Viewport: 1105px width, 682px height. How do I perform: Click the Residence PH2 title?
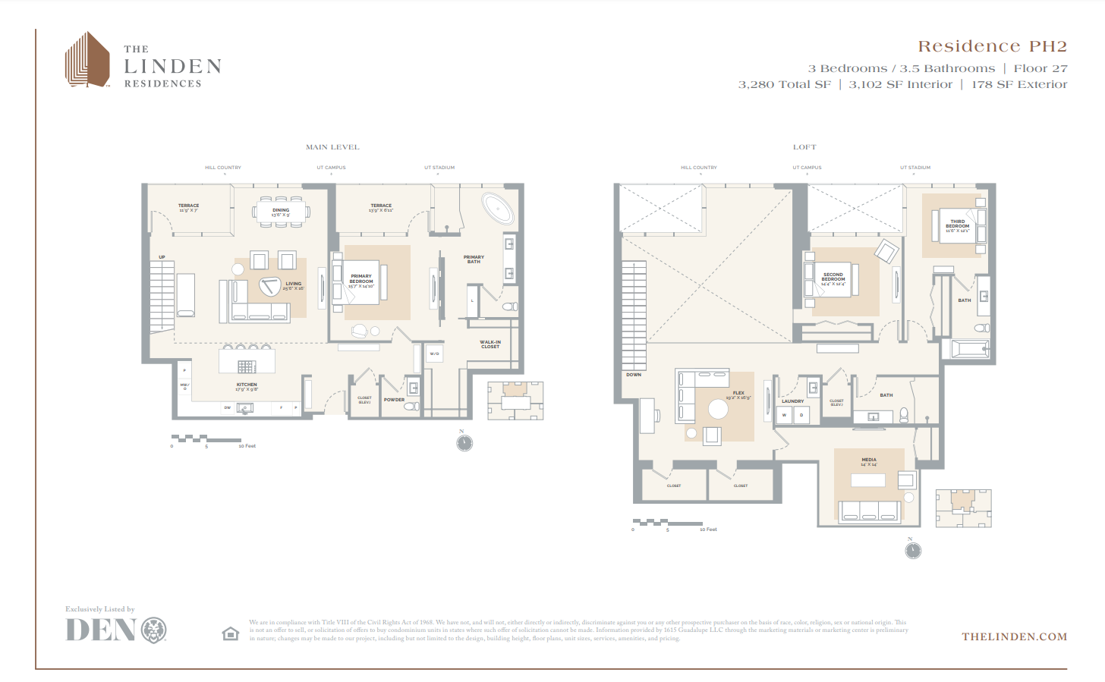coord(992,47)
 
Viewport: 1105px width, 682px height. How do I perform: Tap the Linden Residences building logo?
coord(87,59)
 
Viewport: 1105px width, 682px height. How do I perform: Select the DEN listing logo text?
coord(101,630)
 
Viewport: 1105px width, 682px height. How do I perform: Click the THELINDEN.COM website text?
coord(1014,636)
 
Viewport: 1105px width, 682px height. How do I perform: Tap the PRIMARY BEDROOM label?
coord(361,278)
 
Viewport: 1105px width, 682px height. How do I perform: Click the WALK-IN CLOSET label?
coord(490,344)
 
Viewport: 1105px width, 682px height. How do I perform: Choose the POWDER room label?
coord(394,400)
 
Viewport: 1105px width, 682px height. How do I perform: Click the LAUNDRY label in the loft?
coord(792,401)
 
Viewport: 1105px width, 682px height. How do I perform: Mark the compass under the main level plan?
coord(464,443)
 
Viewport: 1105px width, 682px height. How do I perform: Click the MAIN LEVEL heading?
coord(332,147)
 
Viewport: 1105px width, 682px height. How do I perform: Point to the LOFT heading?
coord(804,147)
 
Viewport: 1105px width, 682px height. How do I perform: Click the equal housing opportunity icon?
coord(231,633)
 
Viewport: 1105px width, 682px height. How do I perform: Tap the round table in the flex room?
coord(718,410)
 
